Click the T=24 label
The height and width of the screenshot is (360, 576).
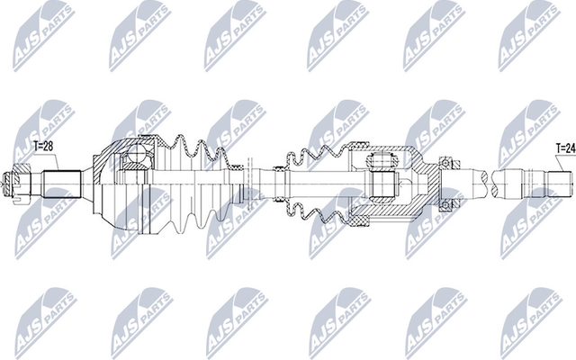(564, 147)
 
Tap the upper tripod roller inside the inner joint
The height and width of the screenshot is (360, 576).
(379, 162)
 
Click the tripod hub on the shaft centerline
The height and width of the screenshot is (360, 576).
(381, 185)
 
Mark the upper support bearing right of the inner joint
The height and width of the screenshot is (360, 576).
(444, 163)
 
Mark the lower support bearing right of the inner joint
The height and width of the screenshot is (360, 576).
(444, 206)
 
